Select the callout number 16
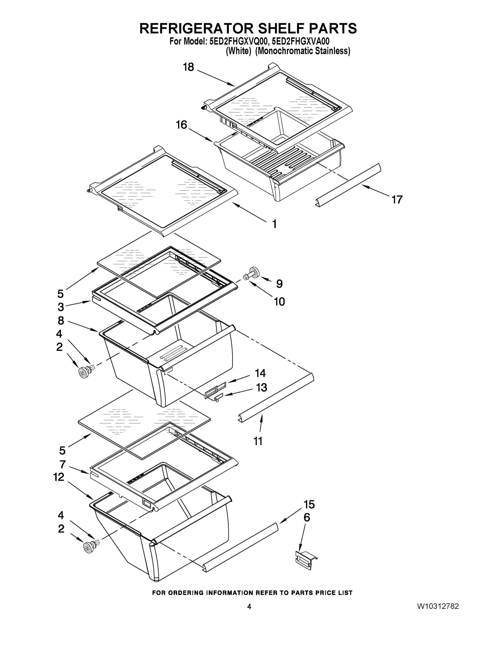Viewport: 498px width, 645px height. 181,125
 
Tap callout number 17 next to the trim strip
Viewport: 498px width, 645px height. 397,200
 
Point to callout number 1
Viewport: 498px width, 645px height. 274,224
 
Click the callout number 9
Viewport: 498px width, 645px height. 279,284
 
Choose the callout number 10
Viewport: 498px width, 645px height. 279,302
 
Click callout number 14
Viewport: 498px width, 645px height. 260,373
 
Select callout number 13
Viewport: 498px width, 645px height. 261,387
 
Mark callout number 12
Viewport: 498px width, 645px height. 59,477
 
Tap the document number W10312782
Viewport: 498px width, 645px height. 438,607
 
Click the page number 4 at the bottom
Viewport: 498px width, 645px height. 249,607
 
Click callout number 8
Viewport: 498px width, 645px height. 60,320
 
